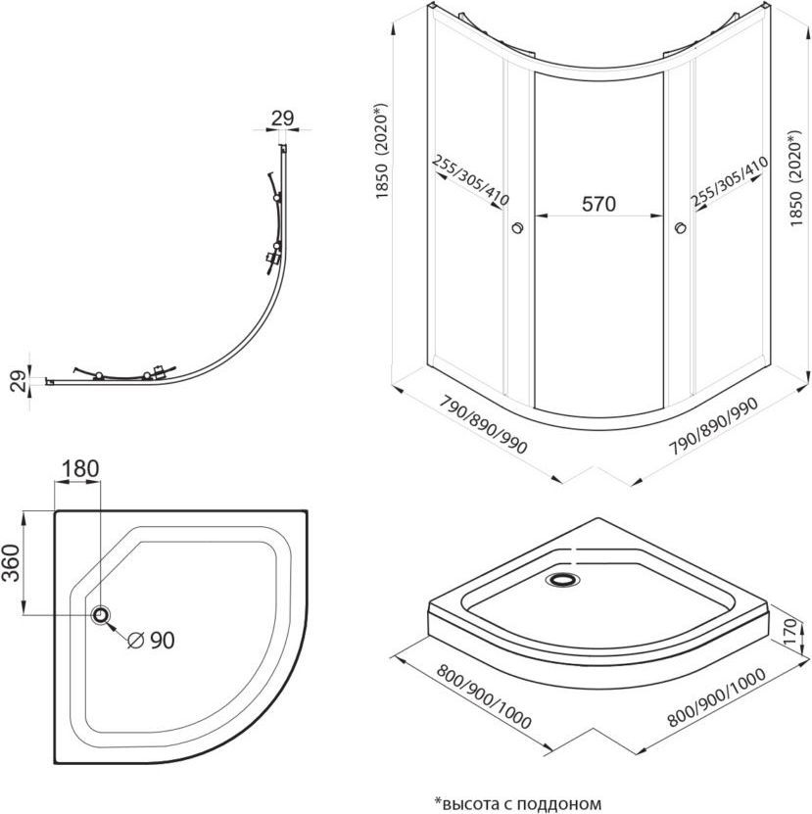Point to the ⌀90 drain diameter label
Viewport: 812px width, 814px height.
point(152,640)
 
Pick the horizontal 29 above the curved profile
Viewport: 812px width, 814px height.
point(282,119)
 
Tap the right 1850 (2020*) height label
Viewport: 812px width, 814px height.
point(801,163)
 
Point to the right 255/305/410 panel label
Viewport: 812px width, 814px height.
point(727,184)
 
